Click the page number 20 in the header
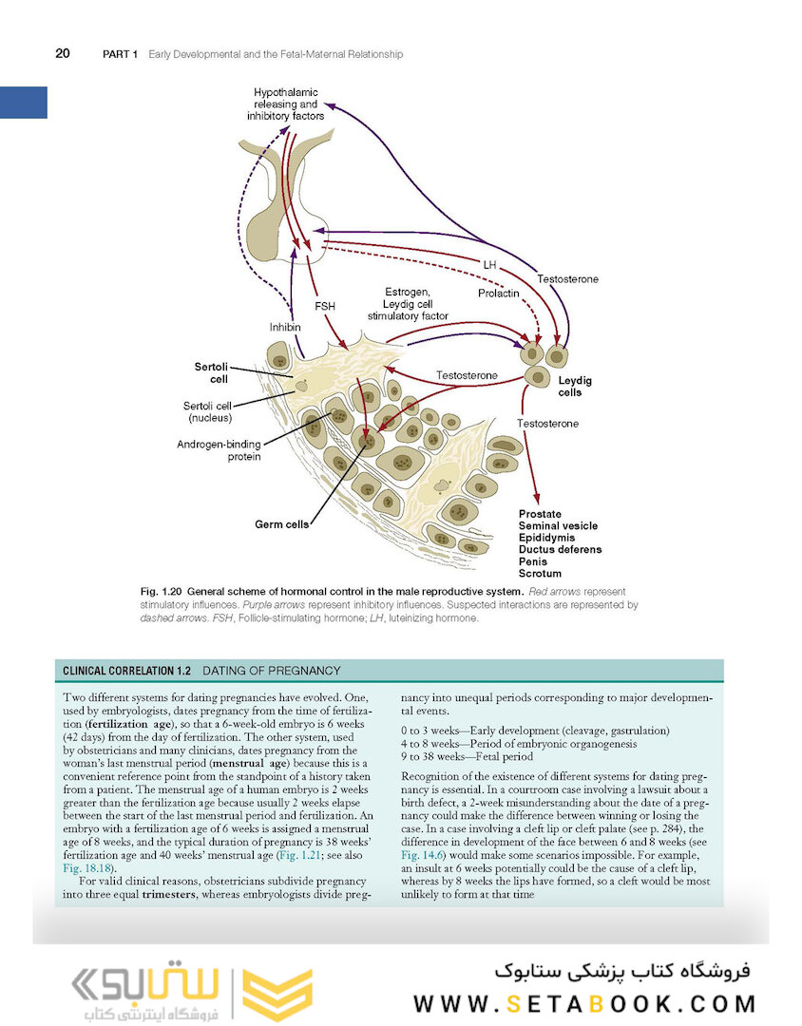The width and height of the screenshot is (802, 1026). pyautogui.click(x=62, y=54)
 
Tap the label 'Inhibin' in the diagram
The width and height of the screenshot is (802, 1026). pyautogui.click(x=286, y=327)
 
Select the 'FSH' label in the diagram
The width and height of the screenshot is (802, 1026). pyautogui.click(x=325, y=307)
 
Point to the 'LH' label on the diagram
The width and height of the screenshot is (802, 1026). pyautogui.click(x=489, y=263)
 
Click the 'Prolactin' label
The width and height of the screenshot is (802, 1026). pyautogui.click(x=498, y=294)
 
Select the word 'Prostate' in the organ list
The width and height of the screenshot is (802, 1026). pyautogui.click(x=540, y=514)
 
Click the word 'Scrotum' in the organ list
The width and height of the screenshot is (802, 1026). pyautogui.click(x=540, y=574)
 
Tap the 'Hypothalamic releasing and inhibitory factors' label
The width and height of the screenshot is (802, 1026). pyautogui.click(x=285, y=104)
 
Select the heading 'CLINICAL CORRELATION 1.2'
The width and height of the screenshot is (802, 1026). pyautogui.click(x=126, y=671)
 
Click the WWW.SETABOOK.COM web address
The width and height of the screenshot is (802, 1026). pyautogui.click(x=583, y=1003)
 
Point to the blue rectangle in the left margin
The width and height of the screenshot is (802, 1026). pyautogui.click(x=24, y=102)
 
